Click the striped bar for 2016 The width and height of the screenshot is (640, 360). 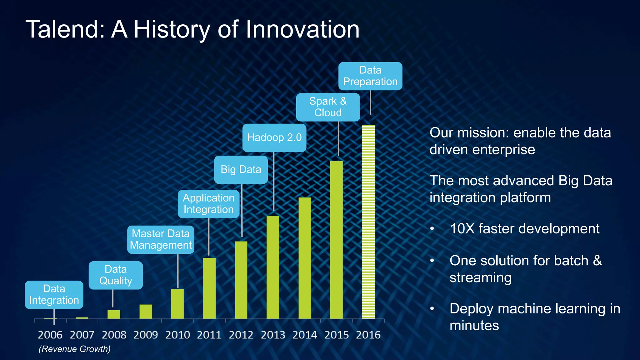tap(368, 222)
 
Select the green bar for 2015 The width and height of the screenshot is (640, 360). tap(336, 240)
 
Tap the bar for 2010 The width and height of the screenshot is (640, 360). tap(177, 304)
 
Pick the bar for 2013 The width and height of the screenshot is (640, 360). tap(273, 267)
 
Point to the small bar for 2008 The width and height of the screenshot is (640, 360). tap(114, 314)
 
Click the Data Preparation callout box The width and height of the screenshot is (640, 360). tap(370, 76)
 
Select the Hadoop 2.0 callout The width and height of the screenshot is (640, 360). tap(274, 137)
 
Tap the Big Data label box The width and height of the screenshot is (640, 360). tap(241, 169)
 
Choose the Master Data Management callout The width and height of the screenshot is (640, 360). tap(161, 239)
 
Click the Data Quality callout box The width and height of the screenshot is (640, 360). tap(116, 275)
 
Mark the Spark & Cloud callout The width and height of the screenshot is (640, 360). tap(328, 107)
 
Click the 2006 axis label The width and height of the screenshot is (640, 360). tap(50, 335)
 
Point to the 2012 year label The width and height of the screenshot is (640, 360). tap(241, 335)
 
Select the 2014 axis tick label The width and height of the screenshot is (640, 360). tap(304, 335)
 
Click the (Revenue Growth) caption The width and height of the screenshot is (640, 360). tap(75, 349)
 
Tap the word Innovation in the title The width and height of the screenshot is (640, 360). tap(302, 29)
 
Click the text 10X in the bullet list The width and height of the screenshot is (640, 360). tap(462, 229)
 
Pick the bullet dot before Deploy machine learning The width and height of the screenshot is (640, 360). tap(432, 309)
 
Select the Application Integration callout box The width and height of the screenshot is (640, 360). tap(208, 204)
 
